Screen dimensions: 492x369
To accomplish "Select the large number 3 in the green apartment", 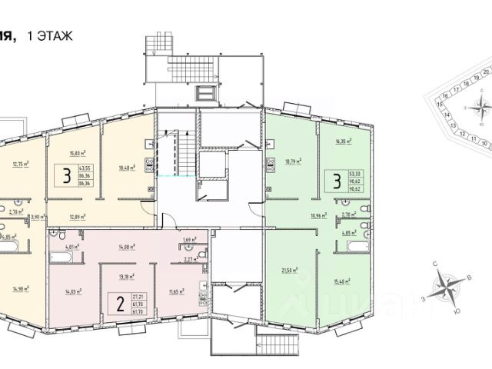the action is pos(335,181).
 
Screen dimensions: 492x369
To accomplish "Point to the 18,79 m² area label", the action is pos(293,161).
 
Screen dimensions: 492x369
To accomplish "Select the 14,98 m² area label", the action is pos(21,289).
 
